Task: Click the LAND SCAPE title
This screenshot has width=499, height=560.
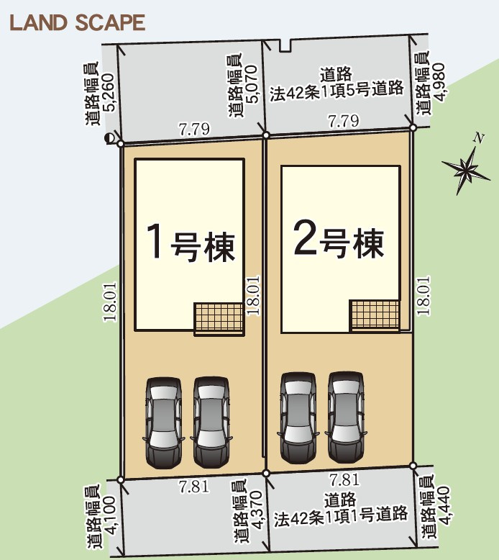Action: [x=77, y=22]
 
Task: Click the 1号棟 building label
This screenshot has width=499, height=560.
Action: [x=191, y=242]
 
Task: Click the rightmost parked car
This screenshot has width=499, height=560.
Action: [x=345, y=417]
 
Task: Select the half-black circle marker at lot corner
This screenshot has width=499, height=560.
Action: [x=109, y=140]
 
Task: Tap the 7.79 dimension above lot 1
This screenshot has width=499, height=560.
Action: [x=194, y=130]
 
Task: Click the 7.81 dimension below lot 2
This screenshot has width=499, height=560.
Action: [x=343, y=479]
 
